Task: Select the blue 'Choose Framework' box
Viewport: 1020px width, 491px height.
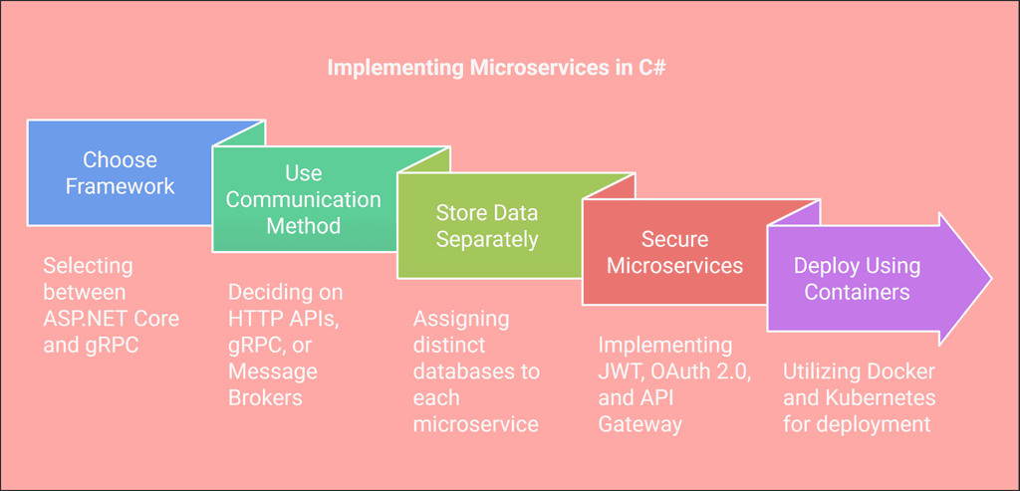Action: pos(120,173)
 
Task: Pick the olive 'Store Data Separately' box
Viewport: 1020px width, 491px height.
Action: pos(487,226)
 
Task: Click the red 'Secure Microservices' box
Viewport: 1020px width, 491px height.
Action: pos(674,253)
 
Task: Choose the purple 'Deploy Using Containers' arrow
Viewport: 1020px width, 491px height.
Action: pos(857,279)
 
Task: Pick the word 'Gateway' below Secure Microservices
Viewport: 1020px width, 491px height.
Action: pos(640,424)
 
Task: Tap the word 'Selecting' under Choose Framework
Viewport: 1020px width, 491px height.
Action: pos(88,266)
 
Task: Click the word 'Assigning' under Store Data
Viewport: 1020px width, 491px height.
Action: pos(461,319)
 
